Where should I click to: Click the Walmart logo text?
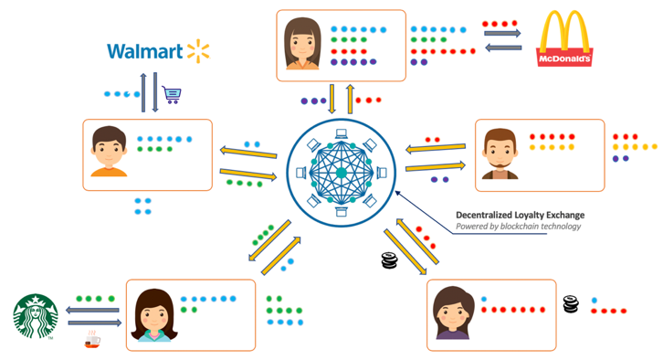tap(144, 51)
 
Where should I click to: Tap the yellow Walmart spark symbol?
tap(198, 50)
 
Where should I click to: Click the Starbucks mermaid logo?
tap(36, 316)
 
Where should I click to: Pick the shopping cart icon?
tap(171, 94)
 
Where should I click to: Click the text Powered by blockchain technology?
tap(518, 227)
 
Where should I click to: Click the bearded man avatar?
tap(498, 154)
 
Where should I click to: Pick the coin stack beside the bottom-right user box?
tap(570, 303)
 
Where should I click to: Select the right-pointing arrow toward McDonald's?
tap(502, 34)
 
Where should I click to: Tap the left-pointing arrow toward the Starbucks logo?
tap(94, 311)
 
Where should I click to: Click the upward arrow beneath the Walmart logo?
tap(143, 93)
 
